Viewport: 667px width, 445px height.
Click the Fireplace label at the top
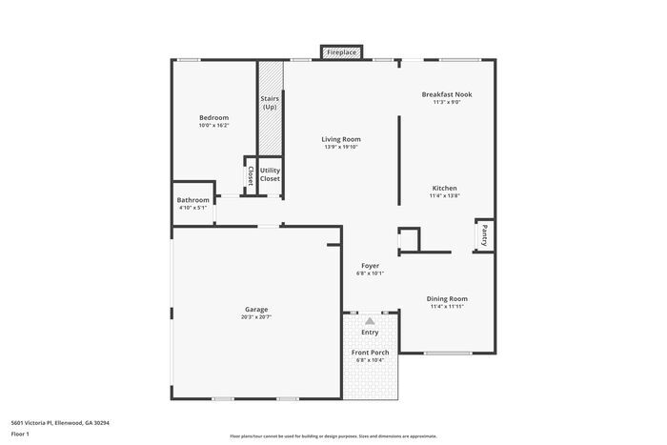point(341,53)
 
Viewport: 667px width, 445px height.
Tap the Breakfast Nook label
point(447,94)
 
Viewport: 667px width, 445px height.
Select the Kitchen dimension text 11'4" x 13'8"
point(444,195)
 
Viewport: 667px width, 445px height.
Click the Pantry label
point(484,234)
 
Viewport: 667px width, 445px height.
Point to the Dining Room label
point(446,298)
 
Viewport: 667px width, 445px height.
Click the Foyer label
point(370,265)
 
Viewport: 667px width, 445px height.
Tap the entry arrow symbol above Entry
point(370,321)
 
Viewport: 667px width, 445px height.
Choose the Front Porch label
point(370,352)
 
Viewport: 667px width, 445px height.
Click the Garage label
point(255,309)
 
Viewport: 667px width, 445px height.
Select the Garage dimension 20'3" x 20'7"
point(255,316)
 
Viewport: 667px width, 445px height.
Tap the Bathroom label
point(193,200)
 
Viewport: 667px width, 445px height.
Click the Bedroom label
point(213,117)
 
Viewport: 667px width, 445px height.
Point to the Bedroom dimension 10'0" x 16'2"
point(213,125)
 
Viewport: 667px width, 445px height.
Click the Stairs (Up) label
point(270,103)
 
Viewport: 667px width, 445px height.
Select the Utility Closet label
point(270,174)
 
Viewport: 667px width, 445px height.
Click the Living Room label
point(342,139)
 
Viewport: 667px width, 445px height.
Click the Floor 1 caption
point(21,434)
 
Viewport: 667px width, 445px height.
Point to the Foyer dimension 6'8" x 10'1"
point(370,273)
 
